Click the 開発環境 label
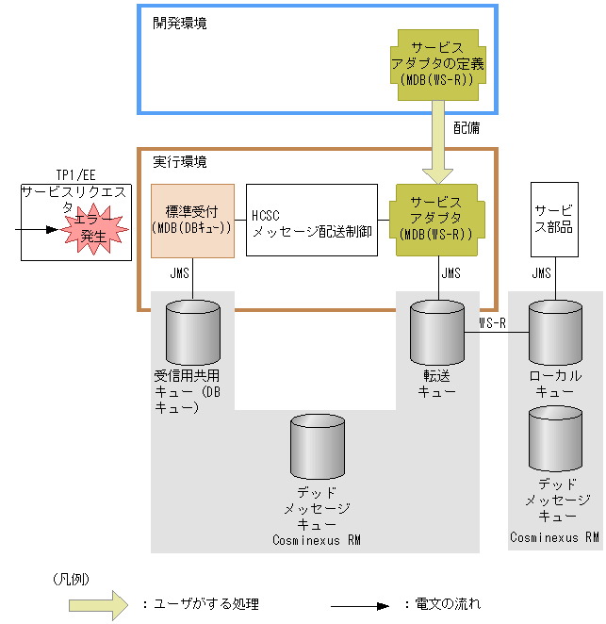[x=180, y=24]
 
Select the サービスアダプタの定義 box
[x=437, y=64]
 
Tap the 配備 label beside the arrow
[x=466, y=126]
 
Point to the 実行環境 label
[x=180, y=162]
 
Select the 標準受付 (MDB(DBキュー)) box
[x=192, y=221]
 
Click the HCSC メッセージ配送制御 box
[x=312, y=221]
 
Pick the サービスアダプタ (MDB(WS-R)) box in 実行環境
[x=437, y=221]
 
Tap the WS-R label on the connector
[x=494, y=322]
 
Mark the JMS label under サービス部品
[x=541, y=274]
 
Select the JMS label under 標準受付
[x=180, y=274]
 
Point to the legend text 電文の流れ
[x=448, y=604]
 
